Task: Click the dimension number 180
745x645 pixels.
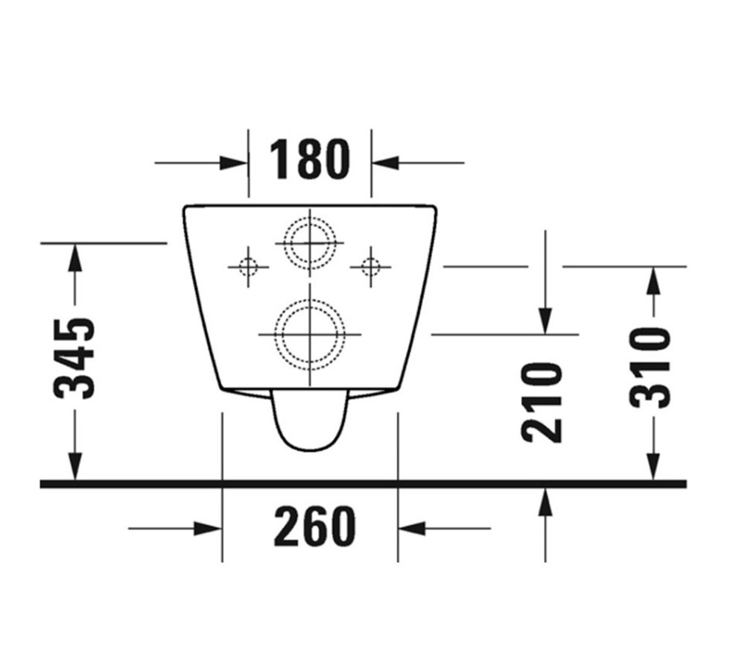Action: coord(308,160)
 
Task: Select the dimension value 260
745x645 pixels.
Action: coord(314,527)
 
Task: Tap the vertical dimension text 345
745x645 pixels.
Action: coord(76,358)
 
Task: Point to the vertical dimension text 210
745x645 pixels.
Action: coord(542,403)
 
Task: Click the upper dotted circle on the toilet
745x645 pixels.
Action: coord(309,243)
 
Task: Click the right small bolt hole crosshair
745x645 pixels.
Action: coord(370,265)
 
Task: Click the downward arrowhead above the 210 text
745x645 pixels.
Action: coord(545,321)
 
